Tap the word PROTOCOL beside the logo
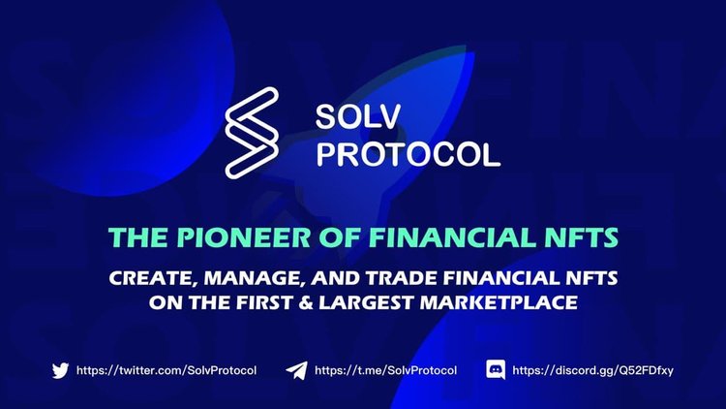click(408, 153)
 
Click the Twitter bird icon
click(60, 369)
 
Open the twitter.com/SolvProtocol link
click(166, 369)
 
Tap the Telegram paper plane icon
click(296, 369)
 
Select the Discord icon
click(497, 369)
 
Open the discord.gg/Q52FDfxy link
click(592, 369)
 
